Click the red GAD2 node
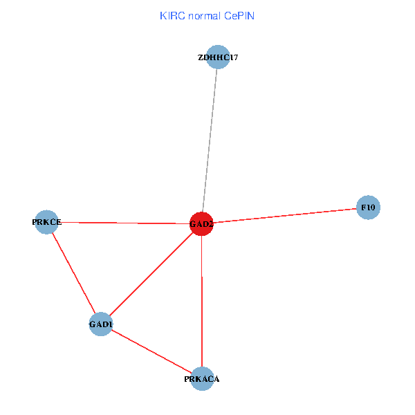201,224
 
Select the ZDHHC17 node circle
218,57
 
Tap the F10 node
368,207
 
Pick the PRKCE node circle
46,222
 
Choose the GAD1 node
101,324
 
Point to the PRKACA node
202,378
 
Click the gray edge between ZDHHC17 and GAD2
210,138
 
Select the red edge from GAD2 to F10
284,216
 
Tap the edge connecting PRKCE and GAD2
124,223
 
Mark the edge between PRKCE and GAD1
73,273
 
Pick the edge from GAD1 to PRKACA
151,351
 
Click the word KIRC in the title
169,15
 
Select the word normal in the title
202,15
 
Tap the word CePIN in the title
239,15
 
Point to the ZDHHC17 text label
218,57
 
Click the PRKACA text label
202,379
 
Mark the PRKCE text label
46,222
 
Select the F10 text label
368,207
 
